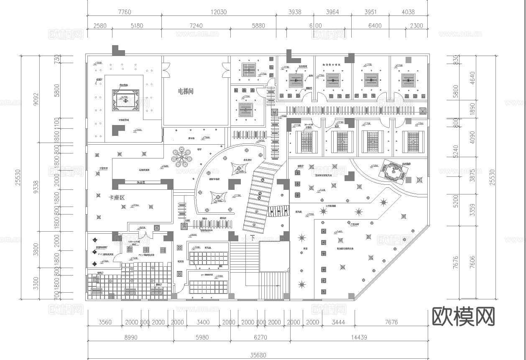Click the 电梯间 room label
pos(186,91)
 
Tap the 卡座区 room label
pos(117,197)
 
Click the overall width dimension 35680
pos(258,355)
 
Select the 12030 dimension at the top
pos(218,12)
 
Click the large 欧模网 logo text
pos(463,317)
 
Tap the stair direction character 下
pos(252,238)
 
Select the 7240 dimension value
pos(196,26)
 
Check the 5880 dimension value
pos(258,26)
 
